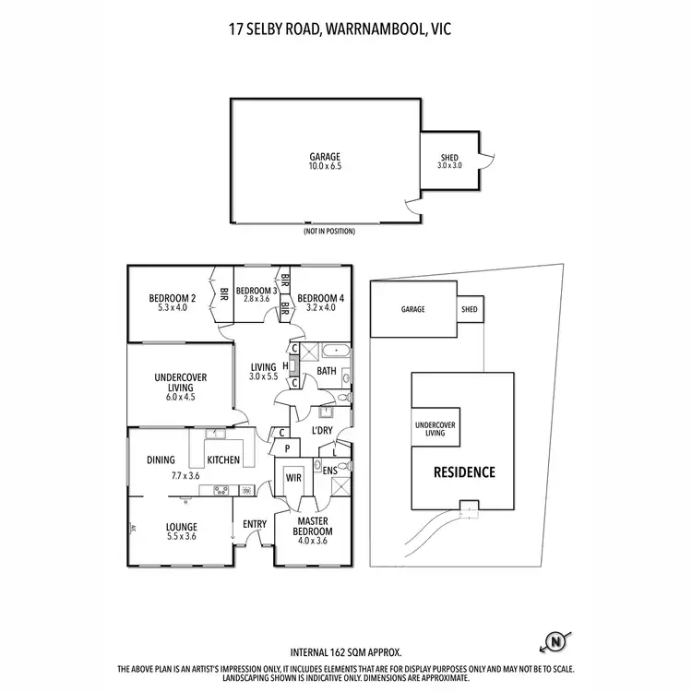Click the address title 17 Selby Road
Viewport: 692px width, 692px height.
(346, 28)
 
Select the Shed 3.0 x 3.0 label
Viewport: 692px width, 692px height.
(449, 161)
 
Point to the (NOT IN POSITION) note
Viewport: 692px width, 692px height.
(328, 232)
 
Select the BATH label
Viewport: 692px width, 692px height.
(327, 371)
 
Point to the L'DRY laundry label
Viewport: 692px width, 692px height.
(322, 431)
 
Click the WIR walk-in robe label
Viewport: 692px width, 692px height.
(294, 479)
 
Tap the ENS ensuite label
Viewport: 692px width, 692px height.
(330, 471)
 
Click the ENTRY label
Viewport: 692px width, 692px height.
(255, 525)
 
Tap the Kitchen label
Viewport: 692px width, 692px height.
(223, 459)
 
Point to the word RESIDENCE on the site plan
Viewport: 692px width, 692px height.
(464, 472)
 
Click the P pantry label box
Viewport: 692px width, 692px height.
(288, 448)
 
